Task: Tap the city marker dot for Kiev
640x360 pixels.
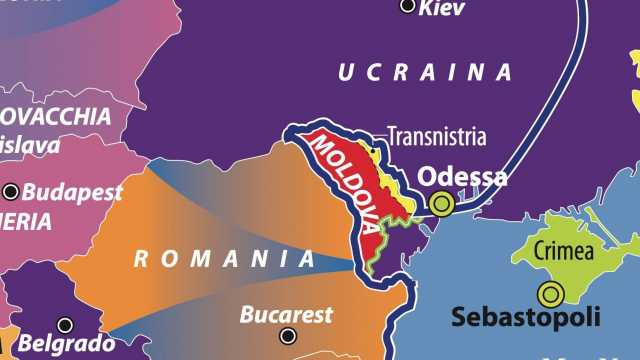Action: pos(408,6)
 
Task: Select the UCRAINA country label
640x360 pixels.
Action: pos(424,72)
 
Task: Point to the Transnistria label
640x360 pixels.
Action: pos(436,135)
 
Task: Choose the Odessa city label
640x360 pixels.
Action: pos(461,177)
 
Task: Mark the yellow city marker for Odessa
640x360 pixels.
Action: pos(441,204)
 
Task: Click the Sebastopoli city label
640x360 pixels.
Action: pos(525,318)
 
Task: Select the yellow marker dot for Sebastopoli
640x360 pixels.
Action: pos(549,294)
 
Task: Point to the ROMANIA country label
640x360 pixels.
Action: pos(225,260)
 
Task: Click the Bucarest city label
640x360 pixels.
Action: pos(286,315)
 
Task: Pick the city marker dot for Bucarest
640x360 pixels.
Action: pos(288,337)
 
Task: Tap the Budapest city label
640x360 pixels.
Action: pos(71,191)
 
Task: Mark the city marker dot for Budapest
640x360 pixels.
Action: pos(11,191)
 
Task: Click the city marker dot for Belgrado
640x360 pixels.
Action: pos(65,325)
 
